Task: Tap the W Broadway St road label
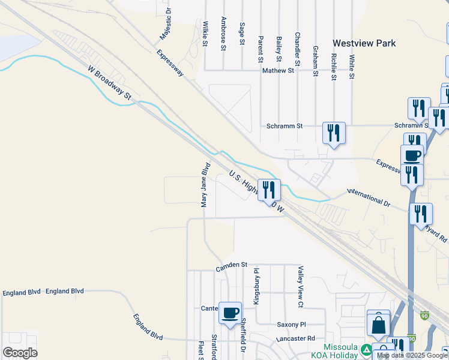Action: pos(109,82)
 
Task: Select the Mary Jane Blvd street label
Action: pos(205,185)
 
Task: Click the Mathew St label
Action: pos(278,70)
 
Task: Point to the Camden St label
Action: pos(232,265)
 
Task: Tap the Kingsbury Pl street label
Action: pos(256,286)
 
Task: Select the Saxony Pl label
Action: pos(291,325)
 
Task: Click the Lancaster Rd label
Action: pos(295,338)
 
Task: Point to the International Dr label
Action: pos(369,198)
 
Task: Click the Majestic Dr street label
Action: pos(165,25)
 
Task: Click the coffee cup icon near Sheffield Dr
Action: pos(230,313)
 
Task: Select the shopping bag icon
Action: pos(378,326)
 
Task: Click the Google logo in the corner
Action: pos(20,352)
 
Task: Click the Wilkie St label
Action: pos(205,34)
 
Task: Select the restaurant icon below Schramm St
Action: pos(334,133)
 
